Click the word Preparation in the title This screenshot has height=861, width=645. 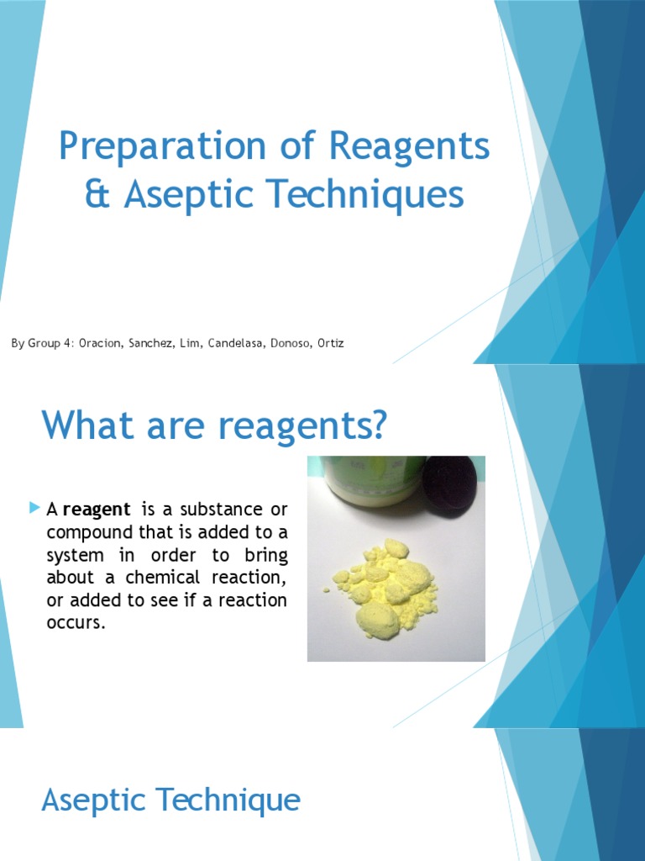tap(162, 148)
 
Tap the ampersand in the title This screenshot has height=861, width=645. tap(99, 195)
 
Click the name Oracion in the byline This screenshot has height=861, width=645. tap(101, 343)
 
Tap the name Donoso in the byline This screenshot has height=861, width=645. tap(288, 343)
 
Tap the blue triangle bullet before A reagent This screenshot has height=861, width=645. tap(34, 508)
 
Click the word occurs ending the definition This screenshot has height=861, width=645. tap(76, 624)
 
